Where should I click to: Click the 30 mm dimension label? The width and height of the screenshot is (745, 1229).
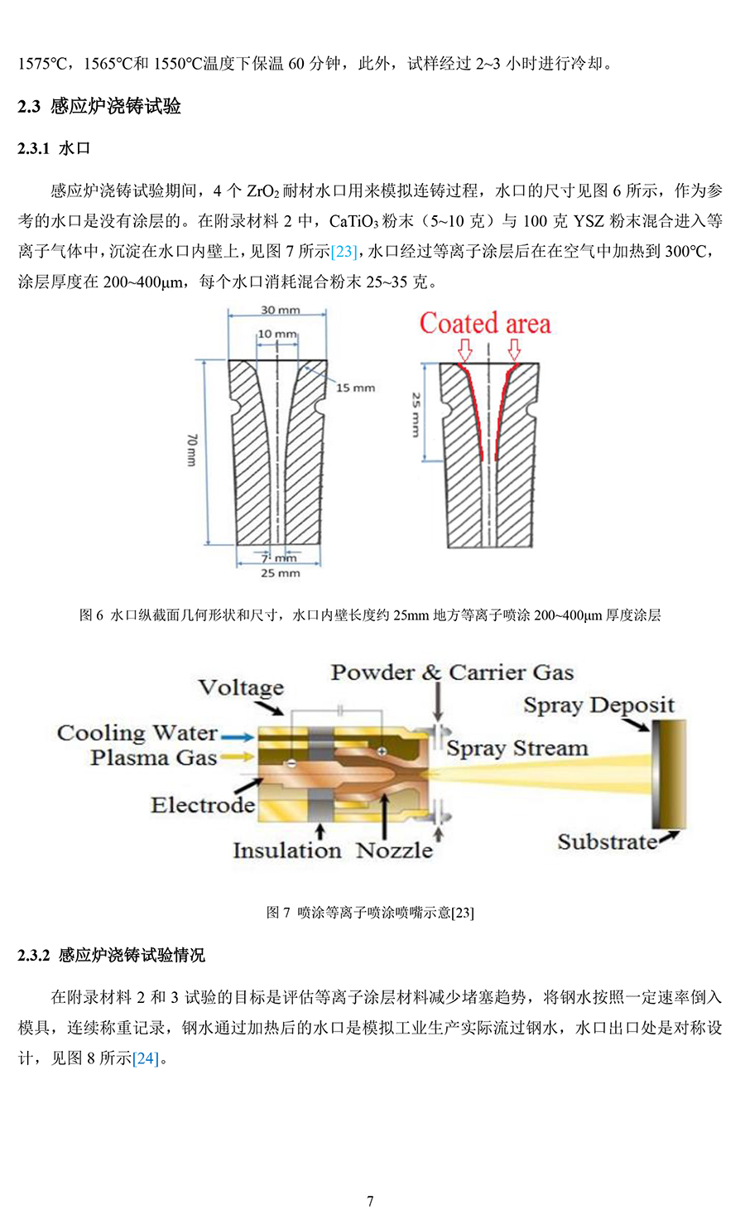click(x=280, y=310)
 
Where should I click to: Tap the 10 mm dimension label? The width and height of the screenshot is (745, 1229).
click(x=277, y=334)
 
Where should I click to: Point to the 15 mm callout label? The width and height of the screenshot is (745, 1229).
click(x=355, y=388)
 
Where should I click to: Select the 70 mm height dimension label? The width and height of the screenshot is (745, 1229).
click(x=191, y=450)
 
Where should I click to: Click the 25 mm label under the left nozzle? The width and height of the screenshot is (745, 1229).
click(x=281, y=573)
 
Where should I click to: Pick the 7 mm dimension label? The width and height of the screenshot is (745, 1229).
click(x=279, y=558)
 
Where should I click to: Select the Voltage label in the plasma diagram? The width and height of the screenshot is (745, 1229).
click(x=242, y=687)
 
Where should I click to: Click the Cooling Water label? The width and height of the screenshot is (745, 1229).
click(x=137, y=733)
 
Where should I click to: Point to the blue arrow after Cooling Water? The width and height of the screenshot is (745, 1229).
click(x=237, y=737)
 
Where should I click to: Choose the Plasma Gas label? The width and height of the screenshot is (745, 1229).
click(x=154, y=758)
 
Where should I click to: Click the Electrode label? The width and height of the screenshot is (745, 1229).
click(x=203, y=806)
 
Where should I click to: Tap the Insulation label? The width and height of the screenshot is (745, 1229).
click(x=287, y=851)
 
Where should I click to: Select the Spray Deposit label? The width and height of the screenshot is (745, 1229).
click(x=599, y=706)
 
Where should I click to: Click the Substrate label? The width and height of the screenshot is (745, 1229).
click(x=608, y=841)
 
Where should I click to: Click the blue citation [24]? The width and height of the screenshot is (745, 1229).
click(x=146, y=1058)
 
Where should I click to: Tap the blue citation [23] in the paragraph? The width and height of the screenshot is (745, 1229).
click(x=344, y=251)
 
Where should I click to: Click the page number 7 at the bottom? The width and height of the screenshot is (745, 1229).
click(x=370, y=1202)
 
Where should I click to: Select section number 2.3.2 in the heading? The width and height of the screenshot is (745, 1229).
click(x=33, y=955)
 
